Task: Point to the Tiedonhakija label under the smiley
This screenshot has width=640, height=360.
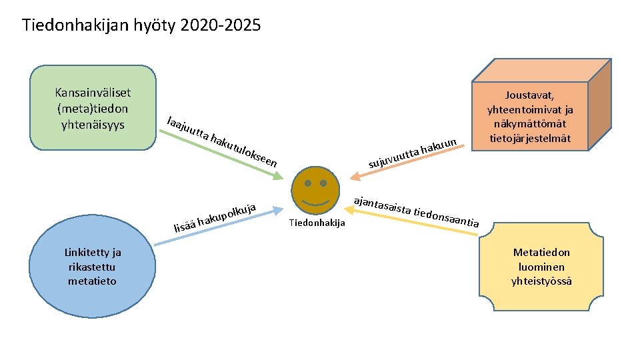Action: point(317,223)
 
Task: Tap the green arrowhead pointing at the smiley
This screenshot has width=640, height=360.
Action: point(278,177)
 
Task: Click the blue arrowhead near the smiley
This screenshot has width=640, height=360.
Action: point(279,210)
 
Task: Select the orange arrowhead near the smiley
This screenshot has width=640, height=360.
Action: point(354,176)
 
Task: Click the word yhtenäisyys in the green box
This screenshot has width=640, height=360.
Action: point(93,125)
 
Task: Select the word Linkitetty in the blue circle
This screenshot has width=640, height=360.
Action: point(93,252)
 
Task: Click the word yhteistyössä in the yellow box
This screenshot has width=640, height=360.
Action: point(541,281)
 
